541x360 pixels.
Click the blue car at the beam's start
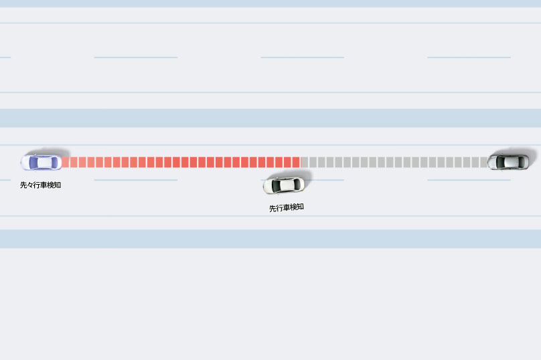coord(40,162)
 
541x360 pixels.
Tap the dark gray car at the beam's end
coord(508,161)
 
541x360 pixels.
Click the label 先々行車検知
coord(40,185)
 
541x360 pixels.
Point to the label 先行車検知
coord(287,207)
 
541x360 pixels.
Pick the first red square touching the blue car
coord(65,162)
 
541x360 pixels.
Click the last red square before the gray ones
coord(296,162)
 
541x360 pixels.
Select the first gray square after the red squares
coord(305,162)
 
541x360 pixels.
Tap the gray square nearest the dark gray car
coord(483,162)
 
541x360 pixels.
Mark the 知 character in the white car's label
coord(300,207)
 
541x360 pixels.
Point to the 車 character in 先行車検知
coord(287,207)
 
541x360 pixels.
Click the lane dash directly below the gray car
coord(469,180)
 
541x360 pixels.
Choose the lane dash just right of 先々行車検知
coord(136,180)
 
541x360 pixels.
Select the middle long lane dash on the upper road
coord(302,58)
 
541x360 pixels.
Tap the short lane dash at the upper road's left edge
coord(5,58)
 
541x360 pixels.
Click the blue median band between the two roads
coord(270,118)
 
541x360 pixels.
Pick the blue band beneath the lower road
coord(270,239)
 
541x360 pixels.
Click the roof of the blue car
coord(44,162)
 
